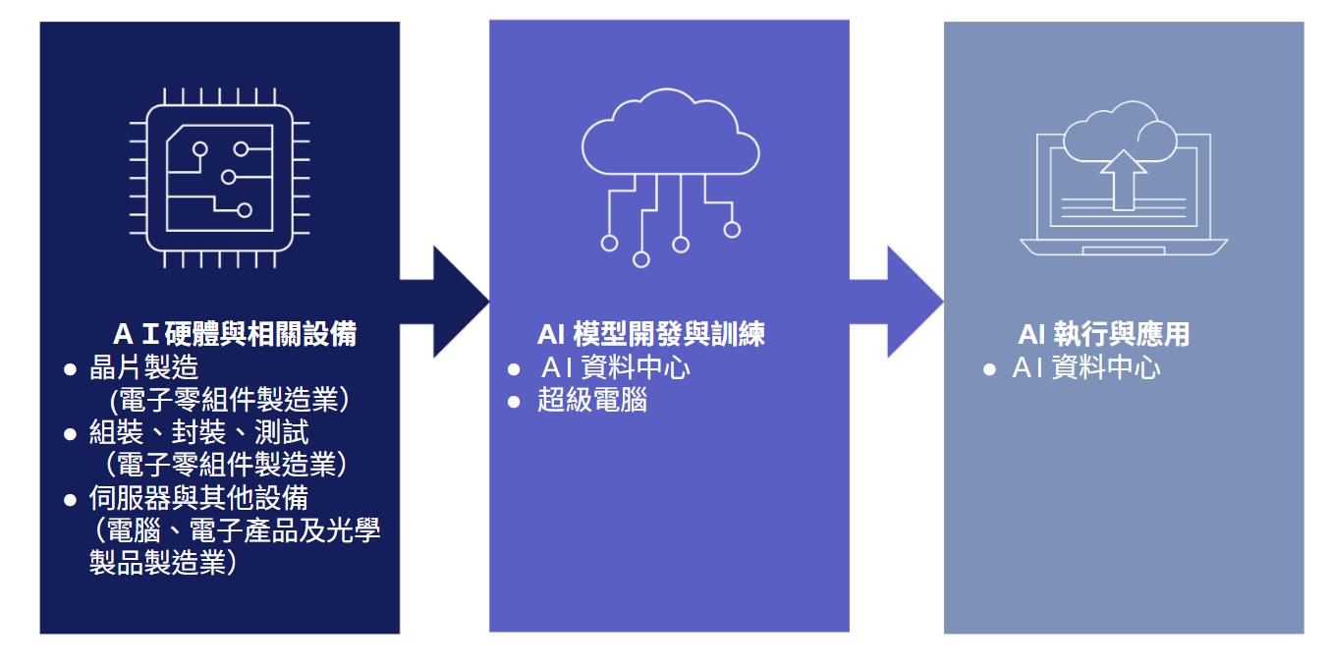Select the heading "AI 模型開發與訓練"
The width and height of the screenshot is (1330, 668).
pyautogui.click(x=650, y=335)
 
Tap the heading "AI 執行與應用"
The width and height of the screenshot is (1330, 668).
pyautogui.click(x=1103, y=335)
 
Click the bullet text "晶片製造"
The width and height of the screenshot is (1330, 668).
pyautogui.click(x=144, y=368)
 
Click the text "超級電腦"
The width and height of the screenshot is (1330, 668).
pyautogui.click(x=592, y=401)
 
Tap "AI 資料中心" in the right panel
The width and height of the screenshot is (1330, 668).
pyautogui.click(x=1086, y=368)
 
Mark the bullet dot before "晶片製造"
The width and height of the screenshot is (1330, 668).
pyautogui.click(x=70, y=369)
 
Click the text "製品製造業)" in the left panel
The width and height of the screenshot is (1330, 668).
pyautogui.click(x=163, y=564)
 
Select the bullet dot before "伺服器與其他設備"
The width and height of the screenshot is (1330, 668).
pyautogui.click(x=70, y=500)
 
